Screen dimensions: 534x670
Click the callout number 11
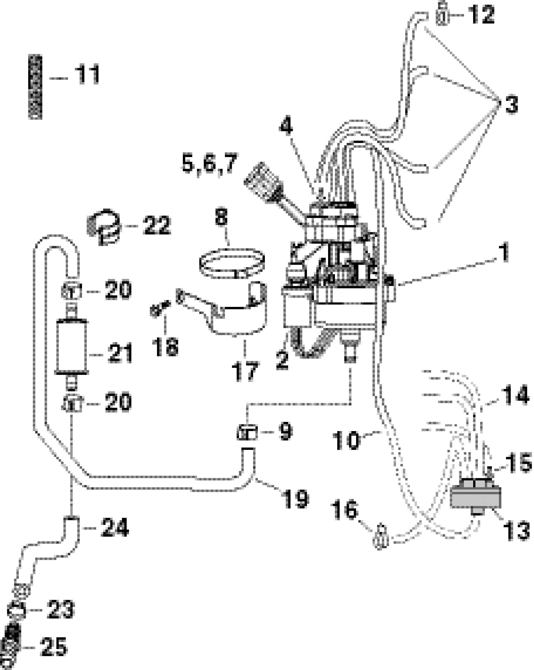(x=87, y=74)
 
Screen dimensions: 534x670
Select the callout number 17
(x=245, y=370)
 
